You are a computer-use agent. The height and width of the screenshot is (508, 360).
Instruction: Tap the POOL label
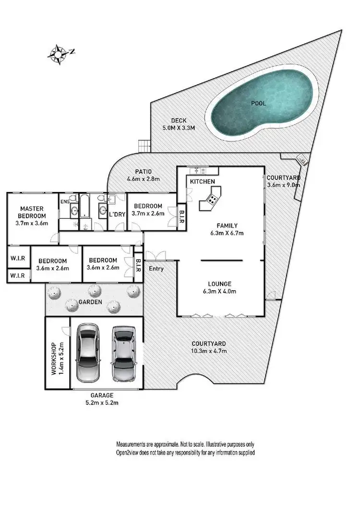point(258,103)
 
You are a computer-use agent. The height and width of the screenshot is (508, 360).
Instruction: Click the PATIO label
point(143,171)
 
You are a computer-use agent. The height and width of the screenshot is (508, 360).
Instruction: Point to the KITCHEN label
point(202,182)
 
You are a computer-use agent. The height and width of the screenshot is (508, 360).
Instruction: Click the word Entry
point(156,269)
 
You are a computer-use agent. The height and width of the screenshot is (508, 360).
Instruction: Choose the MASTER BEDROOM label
point(32,212)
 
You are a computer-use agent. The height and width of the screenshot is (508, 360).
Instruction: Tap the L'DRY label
point(118,214)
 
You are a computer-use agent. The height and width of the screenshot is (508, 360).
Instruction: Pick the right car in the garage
point(122,353)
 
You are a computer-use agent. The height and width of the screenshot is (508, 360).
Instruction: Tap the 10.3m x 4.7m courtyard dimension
point(208,351)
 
